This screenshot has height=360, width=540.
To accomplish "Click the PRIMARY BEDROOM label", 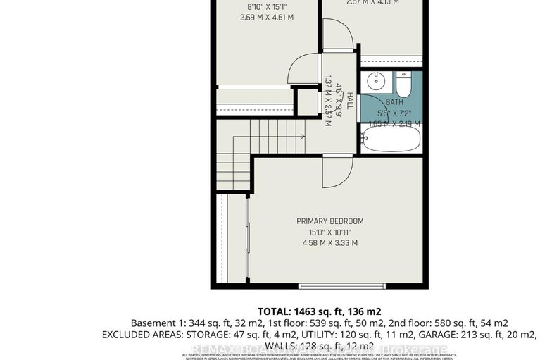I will click(x=329, y=221).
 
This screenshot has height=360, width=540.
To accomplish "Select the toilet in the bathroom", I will click(x=403, y=86).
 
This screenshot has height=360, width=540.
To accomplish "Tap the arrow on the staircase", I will click(x=300, y=136).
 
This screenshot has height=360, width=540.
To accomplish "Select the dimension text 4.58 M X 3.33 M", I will click(x=329, y=244).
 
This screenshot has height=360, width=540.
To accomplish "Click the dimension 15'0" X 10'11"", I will click(x=329, y=232).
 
